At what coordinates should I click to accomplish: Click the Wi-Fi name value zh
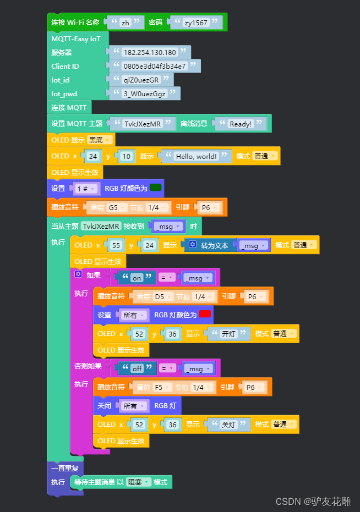pos(125,23)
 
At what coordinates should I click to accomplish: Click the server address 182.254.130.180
pos(149,52)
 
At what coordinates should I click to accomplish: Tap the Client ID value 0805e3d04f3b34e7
pos(154,66)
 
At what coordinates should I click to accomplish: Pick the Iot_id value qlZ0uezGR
pos(141,80)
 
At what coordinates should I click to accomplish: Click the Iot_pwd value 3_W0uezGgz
pos(144,93)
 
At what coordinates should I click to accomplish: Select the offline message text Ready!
pos(241,124)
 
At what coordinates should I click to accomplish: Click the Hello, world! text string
pos(195,156)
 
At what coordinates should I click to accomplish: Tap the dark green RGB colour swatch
pos(156,188)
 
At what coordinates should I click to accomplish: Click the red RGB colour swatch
pos(205,314)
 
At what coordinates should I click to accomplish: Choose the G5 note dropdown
pos(116,207)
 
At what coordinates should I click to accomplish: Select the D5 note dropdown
pos(162,296)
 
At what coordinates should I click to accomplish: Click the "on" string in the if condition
pos(137,278)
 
